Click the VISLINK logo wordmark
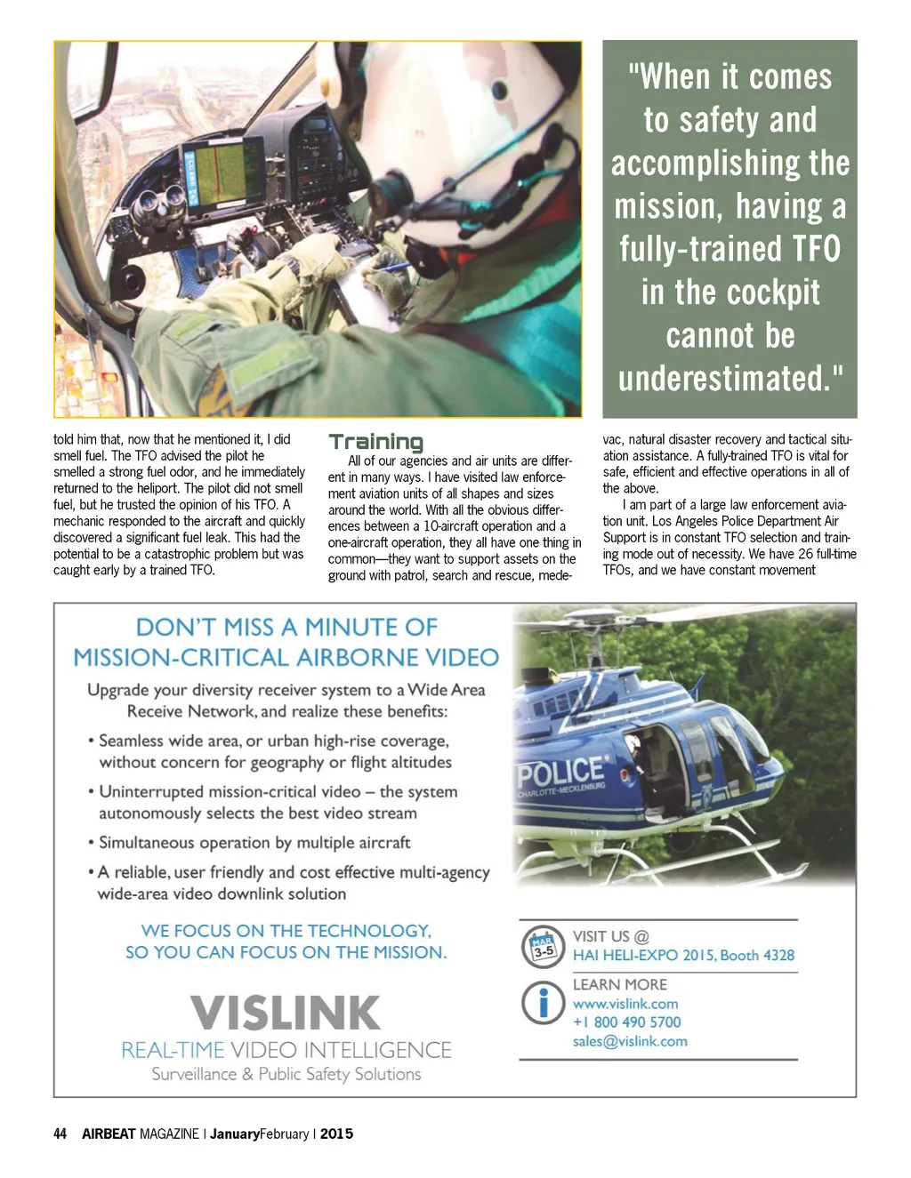point(286,1013)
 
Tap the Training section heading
point(375,442)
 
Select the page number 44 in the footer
point(60,1134)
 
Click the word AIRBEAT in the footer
point(109,1134)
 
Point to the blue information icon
point(543,1003)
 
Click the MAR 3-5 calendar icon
point(543,947)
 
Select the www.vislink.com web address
point(625,1004)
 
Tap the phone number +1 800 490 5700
point(626,1022)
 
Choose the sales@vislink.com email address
point(630,1041)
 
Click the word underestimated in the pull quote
point(723,379)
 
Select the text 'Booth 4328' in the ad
point(757,956)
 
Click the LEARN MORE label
point(619,984)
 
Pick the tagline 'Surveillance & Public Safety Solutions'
point(286,1074)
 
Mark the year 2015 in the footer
point(336,1134)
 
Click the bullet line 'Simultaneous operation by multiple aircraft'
point(254,842)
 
